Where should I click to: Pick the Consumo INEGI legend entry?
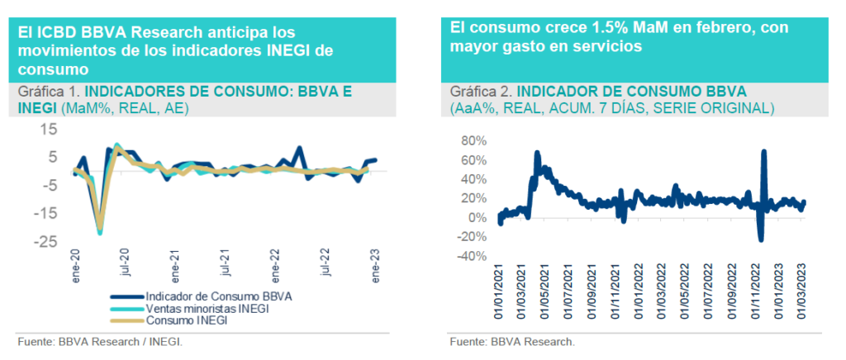[187, 320]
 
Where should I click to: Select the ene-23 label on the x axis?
[377, 267]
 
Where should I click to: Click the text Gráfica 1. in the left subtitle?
[49, 92]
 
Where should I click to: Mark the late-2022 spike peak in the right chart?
[763, 152]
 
